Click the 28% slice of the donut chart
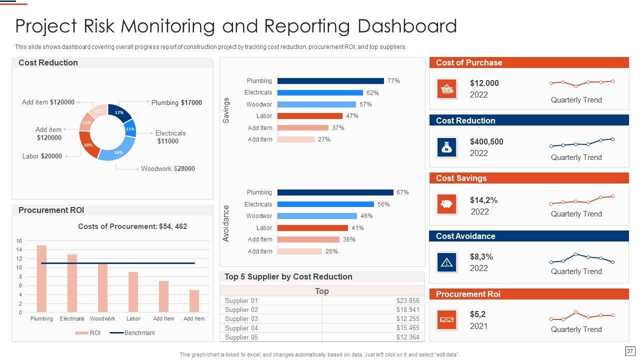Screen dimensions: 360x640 click(x=118, y=152)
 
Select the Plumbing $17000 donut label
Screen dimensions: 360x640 click(x=176, y=102)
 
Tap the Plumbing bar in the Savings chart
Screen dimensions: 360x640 click(x=330, y=81)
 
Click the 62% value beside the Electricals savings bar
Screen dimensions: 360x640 click(x=372, y=93)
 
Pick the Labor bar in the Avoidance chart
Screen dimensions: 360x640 click(x=312, y=228)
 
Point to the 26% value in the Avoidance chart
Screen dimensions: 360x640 click(x=331, y=251)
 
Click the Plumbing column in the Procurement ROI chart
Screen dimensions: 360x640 click(x=41, y=278)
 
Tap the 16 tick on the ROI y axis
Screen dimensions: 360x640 click(x=19, y=241)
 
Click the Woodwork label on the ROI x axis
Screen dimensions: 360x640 click(x=102, y=318)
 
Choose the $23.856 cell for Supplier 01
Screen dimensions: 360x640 click(x=407, y=300)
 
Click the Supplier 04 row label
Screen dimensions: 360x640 click(x=241, y=328)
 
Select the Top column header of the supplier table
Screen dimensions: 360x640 click(x=322, y=291)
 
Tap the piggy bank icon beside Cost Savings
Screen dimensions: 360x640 click(x=446, y=204)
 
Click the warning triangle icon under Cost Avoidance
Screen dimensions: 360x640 click(x=446, y=262)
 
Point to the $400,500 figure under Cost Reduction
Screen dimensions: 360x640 click(x=486, y=141)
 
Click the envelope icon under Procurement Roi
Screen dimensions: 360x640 click(x=446, y=320)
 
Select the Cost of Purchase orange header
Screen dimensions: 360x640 click(x=529, y=62)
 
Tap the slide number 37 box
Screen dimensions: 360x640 click(x=629, y=351)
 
